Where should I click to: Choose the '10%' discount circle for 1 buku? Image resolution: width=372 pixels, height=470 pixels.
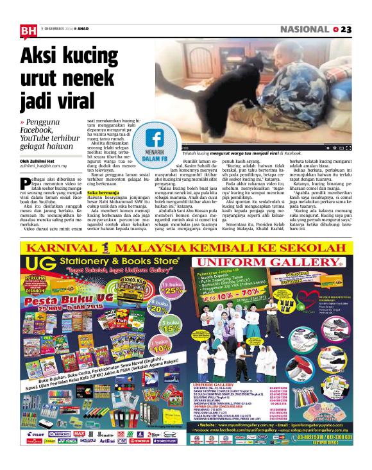(162, 350)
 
